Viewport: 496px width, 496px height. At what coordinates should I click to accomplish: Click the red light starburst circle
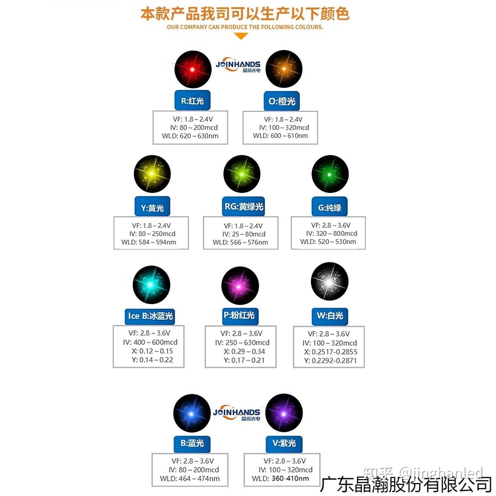(193, 69)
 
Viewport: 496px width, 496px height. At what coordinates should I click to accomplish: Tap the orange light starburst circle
(284, 69)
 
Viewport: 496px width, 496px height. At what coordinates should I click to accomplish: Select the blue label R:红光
(192, 101)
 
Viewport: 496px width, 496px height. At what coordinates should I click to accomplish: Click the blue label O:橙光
(282, 101)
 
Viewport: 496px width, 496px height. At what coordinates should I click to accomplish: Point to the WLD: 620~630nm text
(190, 136)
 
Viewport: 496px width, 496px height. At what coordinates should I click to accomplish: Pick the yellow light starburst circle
(152, 174)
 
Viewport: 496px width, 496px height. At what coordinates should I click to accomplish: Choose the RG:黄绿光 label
(244, 207)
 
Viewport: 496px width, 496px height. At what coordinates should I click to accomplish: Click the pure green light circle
(330, 174)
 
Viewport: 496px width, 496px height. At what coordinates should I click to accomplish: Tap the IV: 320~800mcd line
(331, 233)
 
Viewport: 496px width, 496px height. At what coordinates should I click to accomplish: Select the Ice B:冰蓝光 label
(150, 316)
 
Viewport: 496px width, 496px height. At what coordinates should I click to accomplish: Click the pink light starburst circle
(240, 286)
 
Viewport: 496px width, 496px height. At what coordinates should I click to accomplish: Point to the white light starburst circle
(329, 282)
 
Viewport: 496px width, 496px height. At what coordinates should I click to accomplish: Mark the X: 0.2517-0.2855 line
(331, 352)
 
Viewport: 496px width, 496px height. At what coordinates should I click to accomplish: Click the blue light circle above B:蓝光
(192, 414)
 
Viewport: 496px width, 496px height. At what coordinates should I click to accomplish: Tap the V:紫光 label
(284, 443)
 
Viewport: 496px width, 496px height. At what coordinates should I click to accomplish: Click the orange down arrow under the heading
(241, 36)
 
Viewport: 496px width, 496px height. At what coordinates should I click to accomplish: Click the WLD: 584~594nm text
(149, 242)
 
